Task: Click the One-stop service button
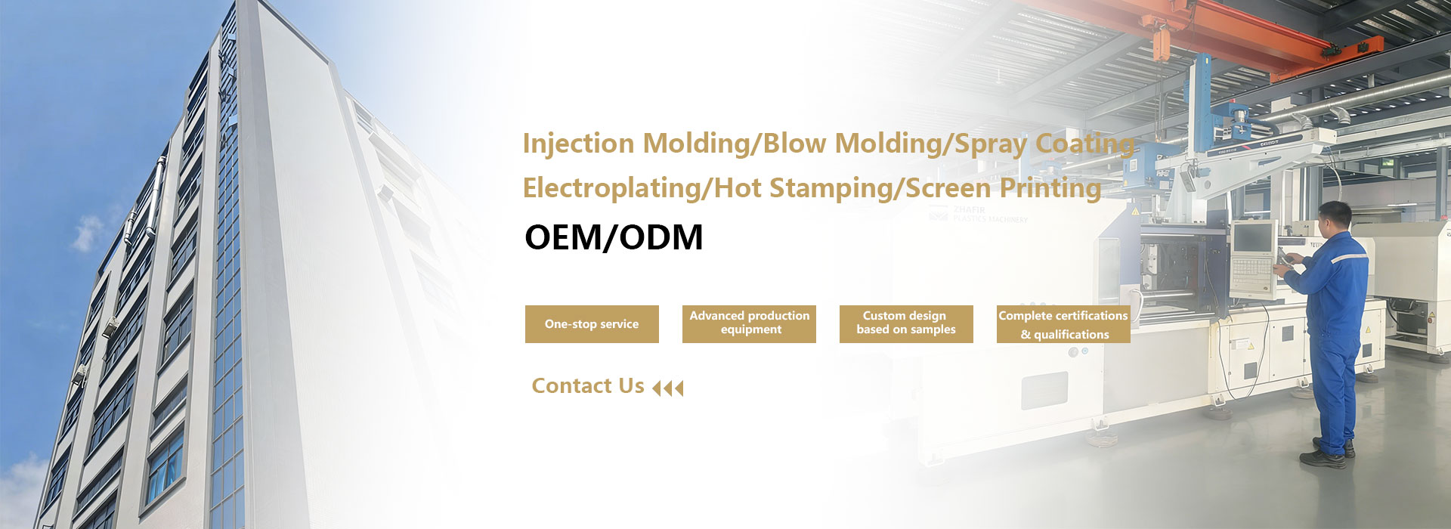coord(592,324)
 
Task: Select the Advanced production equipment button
coord(749,324)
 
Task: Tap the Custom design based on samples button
coord(906,324)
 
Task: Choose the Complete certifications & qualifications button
coord(1063,324)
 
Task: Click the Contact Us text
coord(588,386)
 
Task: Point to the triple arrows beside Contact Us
coord(667,388)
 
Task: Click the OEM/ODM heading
coord(614,237)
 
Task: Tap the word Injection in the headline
coord(578,144)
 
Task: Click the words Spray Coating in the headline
coord(1044,144)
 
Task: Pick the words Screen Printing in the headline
coord(1003,188)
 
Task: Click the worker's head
coord(1334,217)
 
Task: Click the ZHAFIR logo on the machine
coord(978,214)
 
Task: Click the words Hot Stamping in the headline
coord(803,188)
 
